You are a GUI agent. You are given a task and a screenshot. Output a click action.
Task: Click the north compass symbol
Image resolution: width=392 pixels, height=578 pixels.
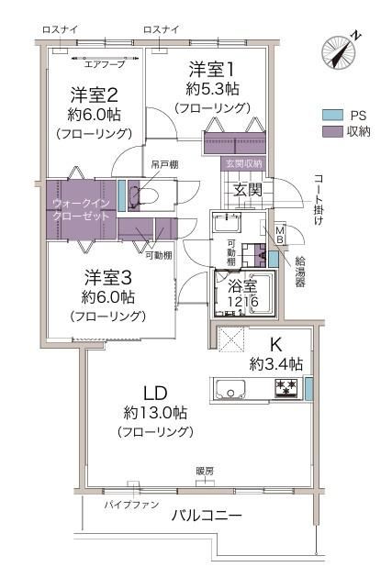pyautogui.click(x=340, y=50)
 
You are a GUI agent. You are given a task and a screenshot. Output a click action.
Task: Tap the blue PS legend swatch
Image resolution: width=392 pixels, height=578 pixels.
pyautogui.click(x=332, y=115)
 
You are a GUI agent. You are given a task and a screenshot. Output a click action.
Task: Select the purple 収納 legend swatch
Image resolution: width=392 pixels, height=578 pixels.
pyautogui.click(x=332, y=131)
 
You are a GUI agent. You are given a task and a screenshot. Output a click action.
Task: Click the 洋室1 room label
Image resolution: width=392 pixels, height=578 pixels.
pyautogui.click(x=212, y=69)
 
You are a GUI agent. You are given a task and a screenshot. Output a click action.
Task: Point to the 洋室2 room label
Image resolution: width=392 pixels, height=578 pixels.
pyautogui.click(x=95, y=95)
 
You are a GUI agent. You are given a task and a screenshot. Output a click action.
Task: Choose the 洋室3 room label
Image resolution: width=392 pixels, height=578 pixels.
pyautogui.click(x=108, y=278)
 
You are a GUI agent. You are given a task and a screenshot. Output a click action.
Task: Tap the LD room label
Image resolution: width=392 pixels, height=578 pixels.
pyautogui.click(x=155, y=394)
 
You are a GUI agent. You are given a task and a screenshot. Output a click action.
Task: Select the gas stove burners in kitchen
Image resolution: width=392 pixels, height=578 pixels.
pyautogui.click(x=286, y=388)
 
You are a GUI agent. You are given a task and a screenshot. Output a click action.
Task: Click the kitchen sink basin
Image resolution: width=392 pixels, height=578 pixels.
pyautogui.click(x=230, y=388)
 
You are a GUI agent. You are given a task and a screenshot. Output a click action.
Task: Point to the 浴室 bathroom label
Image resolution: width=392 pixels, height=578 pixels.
pyautogui.click(x=242, y=285)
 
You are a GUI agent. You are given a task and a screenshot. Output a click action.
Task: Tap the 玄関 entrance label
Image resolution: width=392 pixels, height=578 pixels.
pyautogui.click(x=248, y=190)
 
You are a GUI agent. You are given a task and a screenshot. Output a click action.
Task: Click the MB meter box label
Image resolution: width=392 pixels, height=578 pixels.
pyautogui.click(x=280, y=235)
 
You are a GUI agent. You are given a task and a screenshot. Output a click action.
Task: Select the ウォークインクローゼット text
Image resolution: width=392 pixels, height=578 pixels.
pyautogui.click(x=81, y=209)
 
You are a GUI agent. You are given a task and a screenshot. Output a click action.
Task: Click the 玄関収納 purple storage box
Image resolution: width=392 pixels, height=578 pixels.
pyautogui.click(x=243, y=163)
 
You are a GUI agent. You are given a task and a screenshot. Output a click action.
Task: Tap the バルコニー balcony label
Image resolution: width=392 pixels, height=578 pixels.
pyautogui.click(x=207, y=515)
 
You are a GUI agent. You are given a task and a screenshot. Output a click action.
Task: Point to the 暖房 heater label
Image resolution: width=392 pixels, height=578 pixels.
pyautogui.click(x=205, y=471)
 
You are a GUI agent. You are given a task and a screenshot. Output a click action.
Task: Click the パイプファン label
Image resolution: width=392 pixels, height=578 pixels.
pyautogui.click(x=131, y=505)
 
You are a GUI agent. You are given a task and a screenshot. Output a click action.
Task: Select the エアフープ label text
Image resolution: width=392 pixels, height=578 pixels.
pyautogui.click(x=105, y=64)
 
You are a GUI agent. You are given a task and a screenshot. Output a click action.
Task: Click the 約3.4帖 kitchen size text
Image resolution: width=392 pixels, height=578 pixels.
pyautogui.click(x=275, y=364)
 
